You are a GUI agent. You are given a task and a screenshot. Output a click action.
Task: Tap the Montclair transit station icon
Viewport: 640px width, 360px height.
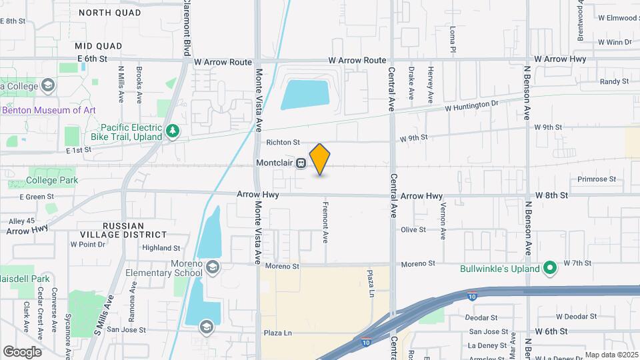[x=301, y=163]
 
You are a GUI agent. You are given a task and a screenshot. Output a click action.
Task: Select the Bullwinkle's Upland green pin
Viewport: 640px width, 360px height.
[x=550, y=269]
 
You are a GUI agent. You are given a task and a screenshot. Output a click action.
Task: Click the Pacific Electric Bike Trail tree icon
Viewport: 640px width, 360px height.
[x=173, y=131]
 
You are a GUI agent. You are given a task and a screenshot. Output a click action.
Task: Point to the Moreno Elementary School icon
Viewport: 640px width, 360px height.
[x=212, y=268]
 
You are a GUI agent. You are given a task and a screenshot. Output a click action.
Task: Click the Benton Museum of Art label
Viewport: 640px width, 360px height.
[x=49, y=110]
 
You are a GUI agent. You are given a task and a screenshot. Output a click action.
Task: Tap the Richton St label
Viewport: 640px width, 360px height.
[x=284, y=142]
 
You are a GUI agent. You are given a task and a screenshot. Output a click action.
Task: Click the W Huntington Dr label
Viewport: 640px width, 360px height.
[x=471, y=105]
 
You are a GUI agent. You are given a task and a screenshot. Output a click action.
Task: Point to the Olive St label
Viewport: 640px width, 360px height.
[x=413, y=229]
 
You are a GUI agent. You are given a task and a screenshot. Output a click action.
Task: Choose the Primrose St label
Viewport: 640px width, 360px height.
[x=597, y=179]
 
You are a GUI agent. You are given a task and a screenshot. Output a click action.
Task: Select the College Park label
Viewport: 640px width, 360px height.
[x=52, y=180]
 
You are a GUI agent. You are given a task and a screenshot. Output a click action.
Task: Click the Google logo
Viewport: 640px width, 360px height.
[x=22, y=351]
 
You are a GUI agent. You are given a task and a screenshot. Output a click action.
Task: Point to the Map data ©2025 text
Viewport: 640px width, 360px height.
[x=611, y=355]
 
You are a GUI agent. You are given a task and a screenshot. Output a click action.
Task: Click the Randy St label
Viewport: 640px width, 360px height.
[x=614, y=81]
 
